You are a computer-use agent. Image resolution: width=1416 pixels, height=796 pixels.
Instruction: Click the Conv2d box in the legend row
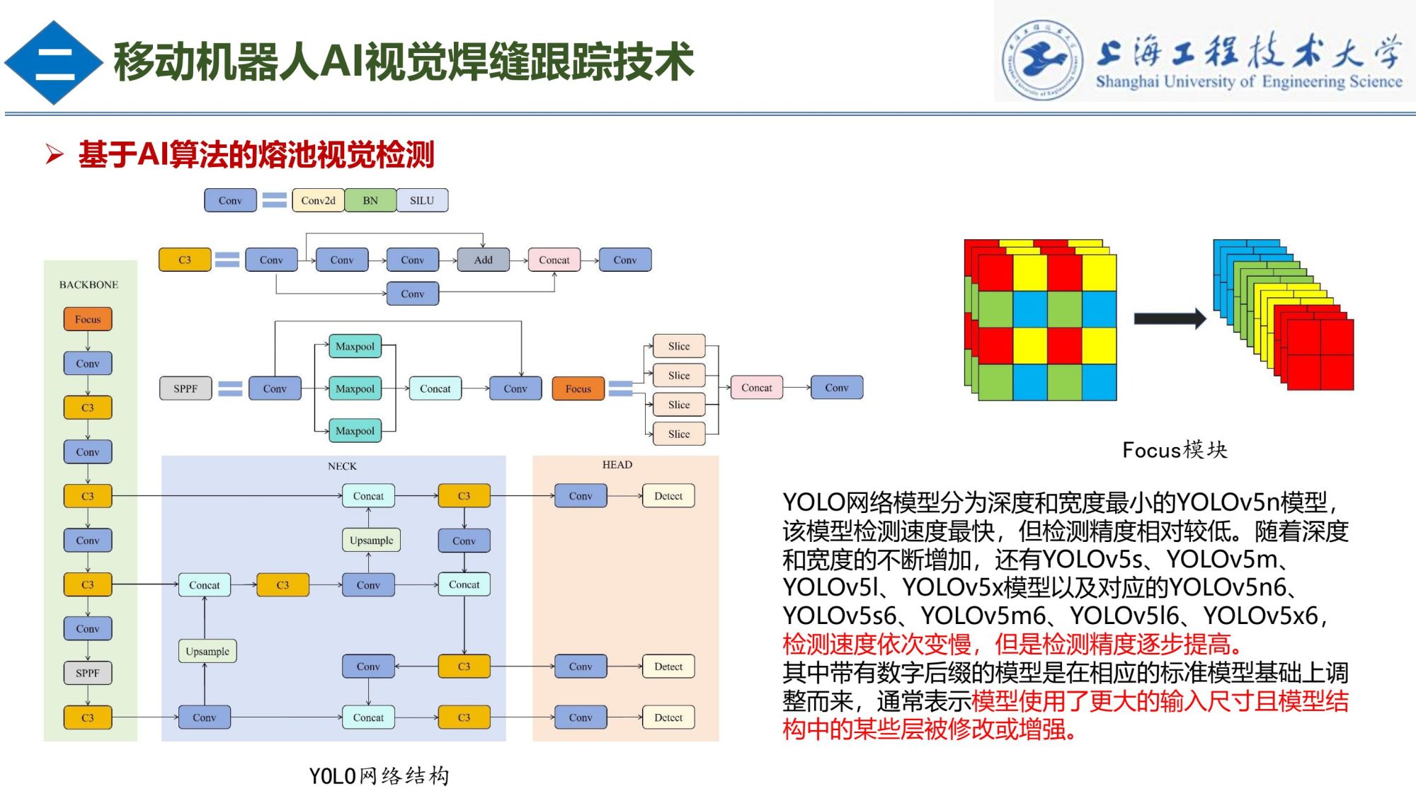coord(318,200)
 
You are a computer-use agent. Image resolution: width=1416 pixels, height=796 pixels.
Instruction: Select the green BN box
coord(370,200)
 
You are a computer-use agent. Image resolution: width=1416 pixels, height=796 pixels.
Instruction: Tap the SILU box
coord(422,200)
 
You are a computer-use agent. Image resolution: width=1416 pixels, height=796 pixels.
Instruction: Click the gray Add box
coord(483,260)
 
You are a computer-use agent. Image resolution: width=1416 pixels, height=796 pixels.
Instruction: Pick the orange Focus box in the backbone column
coord(88,319)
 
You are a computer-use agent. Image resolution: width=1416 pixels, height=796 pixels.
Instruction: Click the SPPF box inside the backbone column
coord(88,673)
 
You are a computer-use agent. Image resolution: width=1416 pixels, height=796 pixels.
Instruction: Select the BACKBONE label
coord(88,284)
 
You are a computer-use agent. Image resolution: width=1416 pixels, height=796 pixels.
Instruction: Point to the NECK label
coord(342,466)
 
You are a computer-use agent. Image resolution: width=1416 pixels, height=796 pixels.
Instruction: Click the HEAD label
coord(617,465)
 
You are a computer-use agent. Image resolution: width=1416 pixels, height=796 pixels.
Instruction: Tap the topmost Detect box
coord(668,496)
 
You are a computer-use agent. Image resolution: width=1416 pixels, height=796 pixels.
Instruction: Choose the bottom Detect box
coord(668,717)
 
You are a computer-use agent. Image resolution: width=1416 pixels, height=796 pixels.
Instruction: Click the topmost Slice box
coord(678,346)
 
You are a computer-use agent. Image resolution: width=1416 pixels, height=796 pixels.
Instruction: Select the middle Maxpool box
coord(355,388)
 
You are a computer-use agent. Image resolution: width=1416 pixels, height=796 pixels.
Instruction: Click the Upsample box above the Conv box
coord(371,541)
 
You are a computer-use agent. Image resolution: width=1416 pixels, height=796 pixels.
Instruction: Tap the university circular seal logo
coord(1041,59)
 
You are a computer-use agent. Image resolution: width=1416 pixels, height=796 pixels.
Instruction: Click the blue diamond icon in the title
coord(54,62)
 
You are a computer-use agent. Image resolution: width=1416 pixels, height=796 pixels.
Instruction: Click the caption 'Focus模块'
coord(1175,449)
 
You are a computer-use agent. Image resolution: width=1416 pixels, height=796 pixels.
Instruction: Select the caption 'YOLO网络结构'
coord(379,776)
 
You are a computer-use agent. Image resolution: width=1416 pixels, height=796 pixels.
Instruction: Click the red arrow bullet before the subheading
coord(55,154)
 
